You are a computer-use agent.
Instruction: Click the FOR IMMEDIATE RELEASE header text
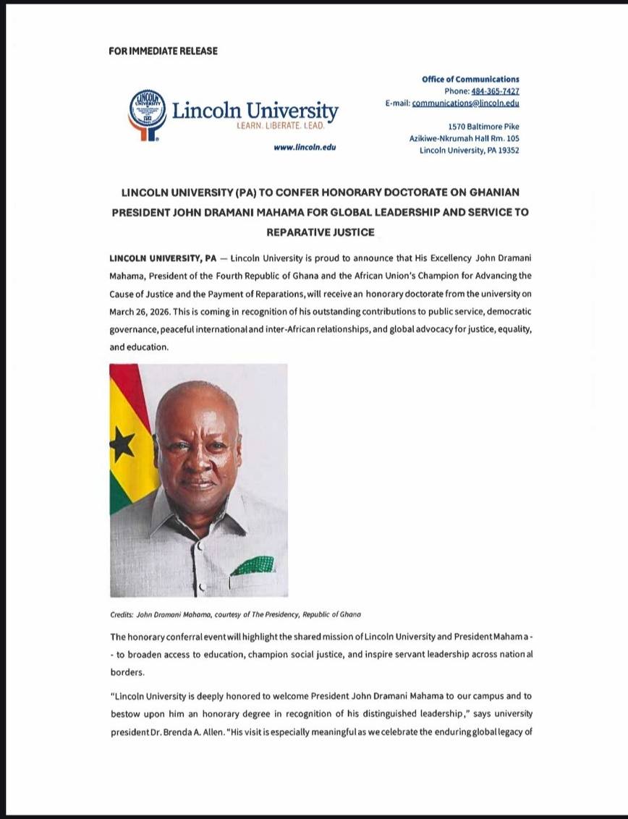(x=163, y=51)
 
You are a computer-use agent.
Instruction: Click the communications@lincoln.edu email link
(x=465, y=103)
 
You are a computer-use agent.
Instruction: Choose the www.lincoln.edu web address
(x=305, y=148)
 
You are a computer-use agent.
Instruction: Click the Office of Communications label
(x=470, y=79)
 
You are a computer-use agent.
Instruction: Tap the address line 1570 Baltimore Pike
(x=483, y=127)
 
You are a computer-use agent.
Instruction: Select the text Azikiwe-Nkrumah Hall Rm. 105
(x=464, y=138)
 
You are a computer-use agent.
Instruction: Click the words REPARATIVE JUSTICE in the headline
(x=320, y=232)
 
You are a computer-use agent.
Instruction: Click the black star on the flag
(x=121, y=444)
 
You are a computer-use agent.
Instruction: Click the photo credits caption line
(x=235, y=614)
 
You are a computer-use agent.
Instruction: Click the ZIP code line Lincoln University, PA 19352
(x=469, y=150)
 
